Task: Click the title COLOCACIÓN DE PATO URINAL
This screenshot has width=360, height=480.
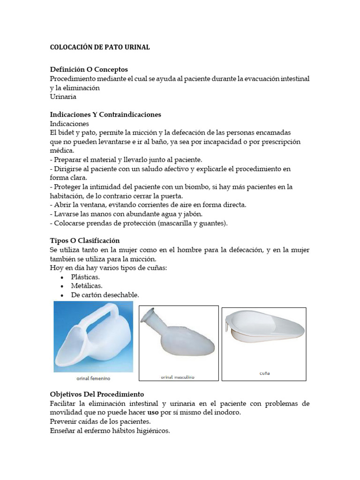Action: pyautogui.click(x=100, y=47)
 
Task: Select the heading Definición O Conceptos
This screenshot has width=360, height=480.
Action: pyautogui.click(x=89, y=69)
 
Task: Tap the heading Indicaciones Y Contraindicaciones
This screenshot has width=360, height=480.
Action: pyautogui.click(x=105, y=114)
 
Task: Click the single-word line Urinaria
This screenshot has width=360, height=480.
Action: pyautogui.click(x=63, y=97)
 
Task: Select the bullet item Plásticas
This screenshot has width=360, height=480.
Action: pyautogui.click(x=85, y=277)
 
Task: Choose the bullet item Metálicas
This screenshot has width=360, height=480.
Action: pyautogui.click(x=87, y=285)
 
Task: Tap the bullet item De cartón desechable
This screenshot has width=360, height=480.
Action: pyautogui.click(x=105, y=295)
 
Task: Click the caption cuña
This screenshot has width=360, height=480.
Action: pyautogui.click(x=264, y=374)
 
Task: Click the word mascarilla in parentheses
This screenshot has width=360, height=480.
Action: pyautogui.click(x=177, y=223)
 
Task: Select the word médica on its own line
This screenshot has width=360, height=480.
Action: pyautogui.click(x=62, y=151)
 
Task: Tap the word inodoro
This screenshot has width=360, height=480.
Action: pyautogui.click(x=226, y=412)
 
